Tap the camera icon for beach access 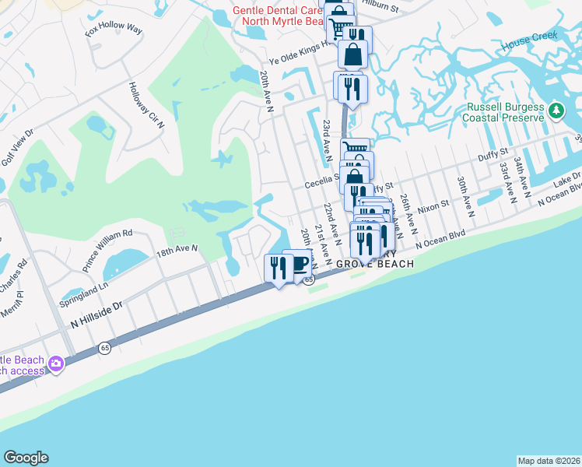55,363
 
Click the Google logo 26,458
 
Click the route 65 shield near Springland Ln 105,348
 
